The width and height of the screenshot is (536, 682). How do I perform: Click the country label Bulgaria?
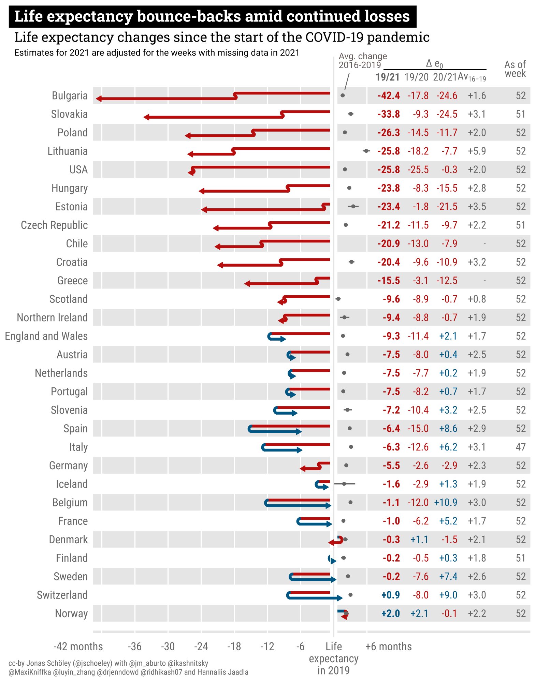70,96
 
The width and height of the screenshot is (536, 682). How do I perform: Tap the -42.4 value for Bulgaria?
388,96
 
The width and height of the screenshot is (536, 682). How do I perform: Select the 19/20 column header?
416,77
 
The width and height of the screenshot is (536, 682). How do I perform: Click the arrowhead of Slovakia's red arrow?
146,117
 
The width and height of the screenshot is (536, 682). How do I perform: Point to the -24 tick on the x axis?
201,647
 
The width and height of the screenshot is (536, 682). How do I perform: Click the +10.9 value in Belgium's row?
445,503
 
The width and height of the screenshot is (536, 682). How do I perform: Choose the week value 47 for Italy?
520,447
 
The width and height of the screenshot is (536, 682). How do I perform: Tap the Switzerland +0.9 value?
390,595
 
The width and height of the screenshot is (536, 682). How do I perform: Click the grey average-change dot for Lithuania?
366,151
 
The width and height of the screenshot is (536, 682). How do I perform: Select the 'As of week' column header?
515,69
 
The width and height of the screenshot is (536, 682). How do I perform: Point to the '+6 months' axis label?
388,647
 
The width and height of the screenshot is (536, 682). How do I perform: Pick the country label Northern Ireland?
52,318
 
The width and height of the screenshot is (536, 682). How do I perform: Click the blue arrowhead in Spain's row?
299,432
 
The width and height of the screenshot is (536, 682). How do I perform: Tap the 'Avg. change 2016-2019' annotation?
362,61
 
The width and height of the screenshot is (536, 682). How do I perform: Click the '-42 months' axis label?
78,647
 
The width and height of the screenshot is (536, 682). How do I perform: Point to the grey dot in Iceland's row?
344,484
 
